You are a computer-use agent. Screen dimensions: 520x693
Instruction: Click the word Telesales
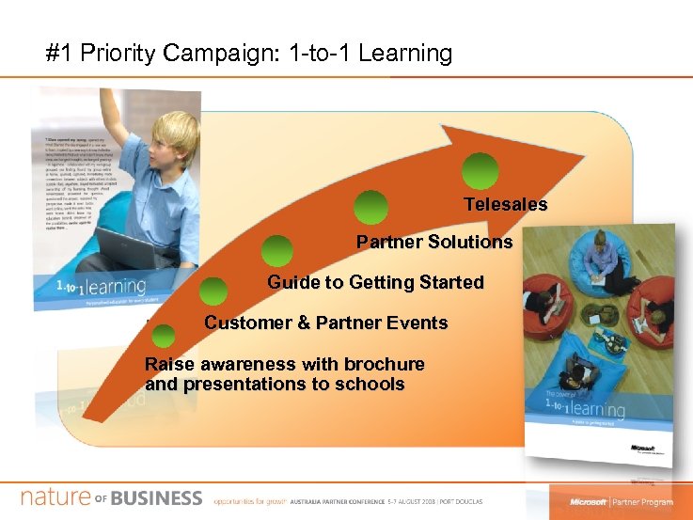tap(505, 204)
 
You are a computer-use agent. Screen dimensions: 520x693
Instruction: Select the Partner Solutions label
tap(434, 242)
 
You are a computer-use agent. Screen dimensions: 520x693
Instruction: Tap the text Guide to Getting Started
tap(375, 282)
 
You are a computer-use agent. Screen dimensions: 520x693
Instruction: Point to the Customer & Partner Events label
tap(325, 323)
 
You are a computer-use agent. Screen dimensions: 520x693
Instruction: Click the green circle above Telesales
tap(480, 171)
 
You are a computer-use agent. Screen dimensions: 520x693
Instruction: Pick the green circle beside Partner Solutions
tap(371, 208)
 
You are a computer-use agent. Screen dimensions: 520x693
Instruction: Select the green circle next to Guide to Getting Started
tap(276, 251)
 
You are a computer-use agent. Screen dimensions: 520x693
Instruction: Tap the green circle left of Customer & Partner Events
tap(213, 292)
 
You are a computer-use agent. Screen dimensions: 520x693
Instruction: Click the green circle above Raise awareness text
tap(163, 335)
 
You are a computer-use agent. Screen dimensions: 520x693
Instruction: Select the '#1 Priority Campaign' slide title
tap(249, 53)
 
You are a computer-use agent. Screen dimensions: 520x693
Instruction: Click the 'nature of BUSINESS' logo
tap(112, 497)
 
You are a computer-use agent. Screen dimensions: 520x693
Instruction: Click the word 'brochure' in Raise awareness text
tap(384, 364)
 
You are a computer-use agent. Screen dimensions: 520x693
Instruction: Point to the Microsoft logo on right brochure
tap(643, 449)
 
